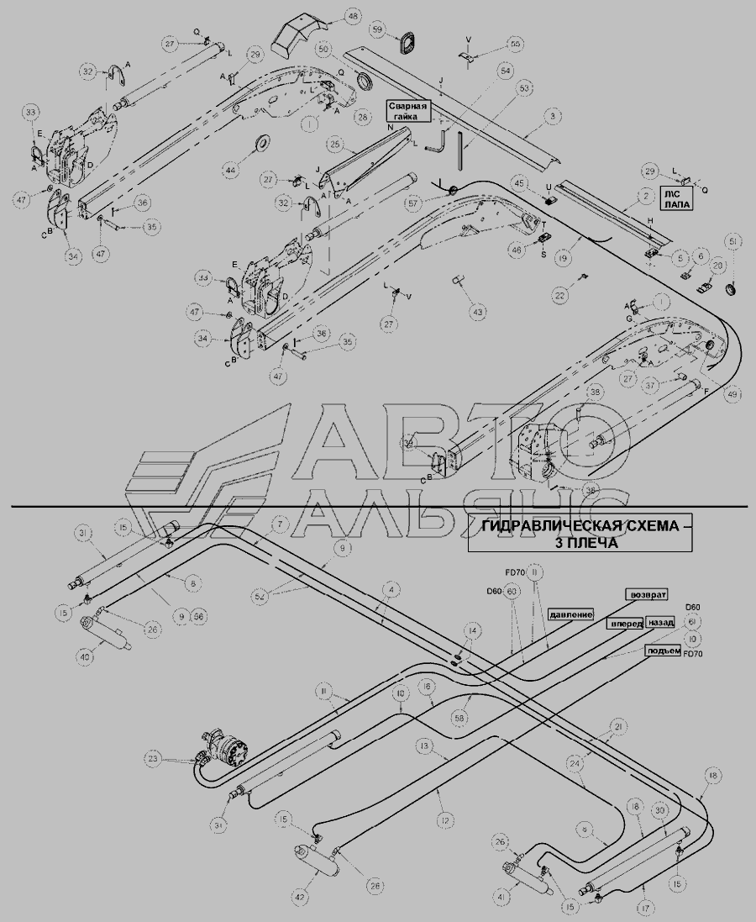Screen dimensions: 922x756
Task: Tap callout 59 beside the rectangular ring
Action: (x=378, y=31)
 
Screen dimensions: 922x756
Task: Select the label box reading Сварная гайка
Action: (x=408, y=111)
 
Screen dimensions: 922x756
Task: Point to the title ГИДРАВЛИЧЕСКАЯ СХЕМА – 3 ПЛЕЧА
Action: (x=581, y=535)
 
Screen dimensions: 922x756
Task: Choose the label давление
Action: (x=573, y=614)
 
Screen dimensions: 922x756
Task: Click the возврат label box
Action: (x=648, y=593)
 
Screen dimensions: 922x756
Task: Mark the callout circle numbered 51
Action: (x=734, y=243)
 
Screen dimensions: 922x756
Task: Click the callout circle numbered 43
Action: (x=477, y=312)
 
